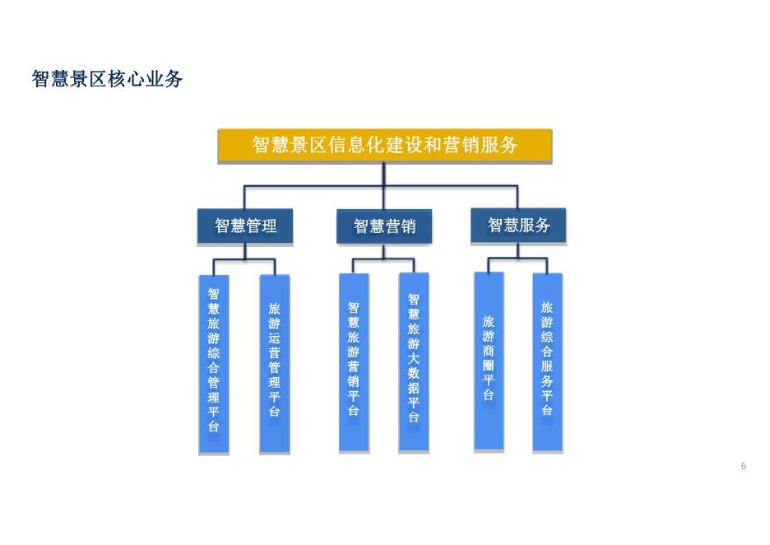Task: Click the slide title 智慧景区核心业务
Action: [x=107, y=80]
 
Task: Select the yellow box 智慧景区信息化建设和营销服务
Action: [x=384, y=146]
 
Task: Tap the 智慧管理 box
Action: [x=245, y=226]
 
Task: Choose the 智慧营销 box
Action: [x=384, y=226]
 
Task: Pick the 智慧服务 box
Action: [x=518, y=225]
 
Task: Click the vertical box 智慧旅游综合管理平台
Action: [x=214, y=363]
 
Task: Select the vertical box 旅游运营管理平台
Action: [x=275, y=363]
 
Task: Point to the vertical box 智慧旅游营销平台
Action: [x=354, y=361]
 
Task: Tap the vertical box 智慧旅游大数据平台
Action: [x=414, y=361]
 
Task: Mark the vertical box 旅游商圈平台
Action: [x=489, y=361]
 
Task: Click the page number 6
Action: [x=744, y=467]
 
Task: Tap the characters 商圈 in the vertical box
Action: [x=489, y=357]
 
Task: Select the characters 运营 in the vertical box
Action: [x=275, y=345]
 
